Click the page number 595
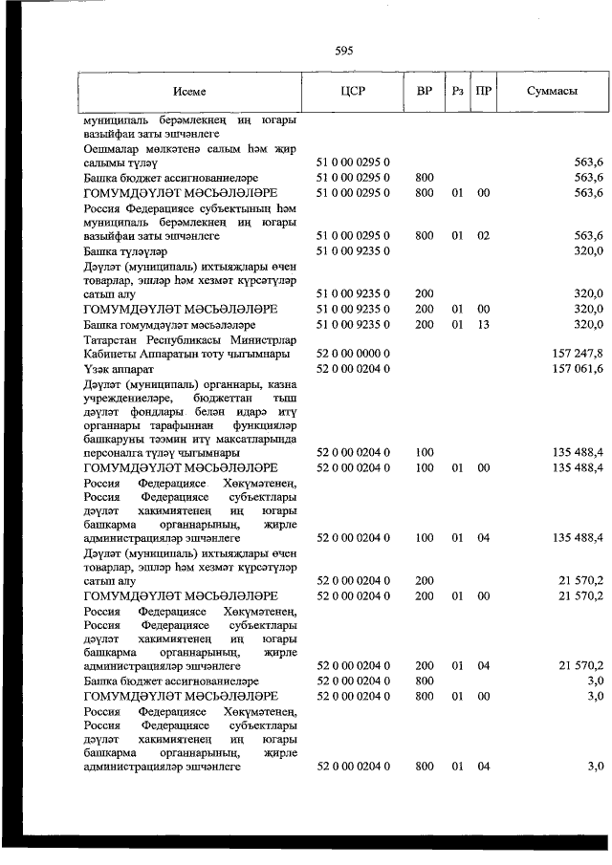point(344,51)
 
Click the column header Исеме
point(189,92)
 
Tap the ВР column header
point(424,92)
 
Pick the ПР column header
point(485,92)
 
